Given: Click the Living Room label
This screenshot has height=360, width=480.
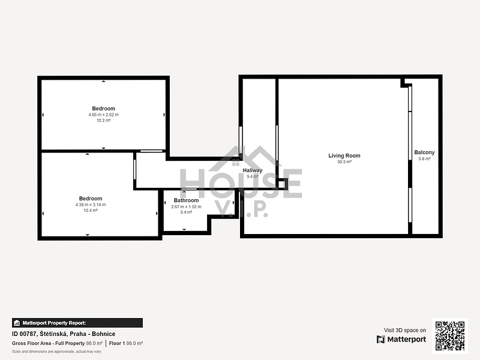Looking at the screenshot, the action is [x=344, y=155].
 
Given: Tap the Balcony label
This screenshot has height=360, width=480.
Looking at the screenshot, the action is [x=424, y=152].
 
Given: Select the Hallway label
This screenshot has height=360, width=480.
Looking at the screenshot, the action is [x=253, y=170].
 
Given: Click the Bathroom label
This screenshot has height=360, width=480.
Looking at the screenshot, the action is [x=186, y=200].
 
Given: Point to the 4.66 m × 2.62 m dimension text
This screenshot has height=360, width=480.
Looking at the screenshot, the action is [x=103, y=115].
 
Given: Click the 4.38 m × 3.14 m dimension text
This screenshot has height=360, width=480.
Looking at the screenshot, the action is [x=91, y=205].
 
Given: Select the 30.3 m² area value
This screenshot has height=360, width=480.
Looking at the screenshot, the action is [x=344, y=161].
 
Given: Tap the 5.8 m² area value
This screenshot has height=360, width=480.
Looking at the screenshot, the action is [x=424, y=158].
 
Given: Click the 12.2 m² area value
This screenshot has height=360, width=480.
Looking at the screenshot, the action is [x=103, y=121].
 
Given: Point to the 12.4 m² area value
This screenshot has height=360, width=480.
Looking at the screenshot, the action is [x=91, y=211].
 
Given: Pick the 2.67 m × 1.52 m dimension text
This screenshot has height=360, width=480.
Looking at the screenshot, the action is [x=186, y=206].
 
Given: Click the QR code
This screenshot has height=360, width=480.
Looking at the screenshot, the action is [x=450, y=336].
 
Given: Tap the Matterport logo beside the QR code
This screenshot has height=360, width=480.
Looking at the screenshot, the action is [x=401, y=339].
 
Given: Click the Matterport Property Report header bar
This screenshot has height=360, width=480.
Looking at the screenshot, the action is [x=77, y=323].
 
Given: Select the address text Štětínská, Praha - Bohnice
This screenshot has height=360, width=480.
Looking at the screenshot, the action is [x=77, y=334].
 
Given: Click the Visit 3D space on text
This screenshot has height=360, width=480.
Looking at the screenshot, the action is [x=405, y=331].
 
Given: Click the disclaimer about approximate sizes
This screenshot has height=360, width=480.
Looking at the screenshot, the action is [x=56, y=352].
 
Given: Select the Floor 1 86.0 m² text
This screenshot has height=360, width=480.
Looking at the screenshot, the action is [x=126, y=343].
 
